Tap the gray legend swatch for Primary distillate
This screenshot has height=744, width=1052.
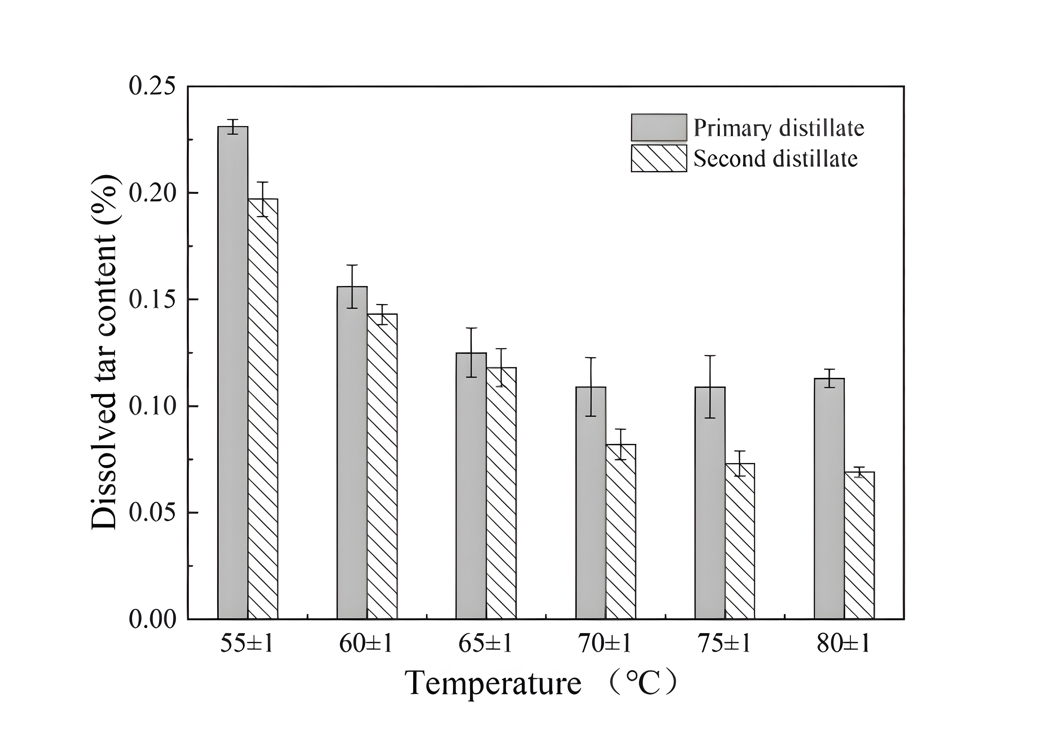tap(658, 127)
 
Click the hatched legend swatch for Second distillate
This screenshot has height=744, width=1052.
tap(658, 158)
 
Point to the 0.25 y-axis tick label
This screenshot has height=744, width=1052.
tap(152, 87)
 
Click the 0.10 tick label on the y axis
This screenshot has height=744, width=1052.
tap(152, 406)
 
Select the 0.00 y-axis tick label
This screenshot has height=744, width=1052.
tap(152, 620)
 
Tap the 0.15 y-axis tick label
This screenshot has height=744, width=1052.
tap(152, 300)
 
